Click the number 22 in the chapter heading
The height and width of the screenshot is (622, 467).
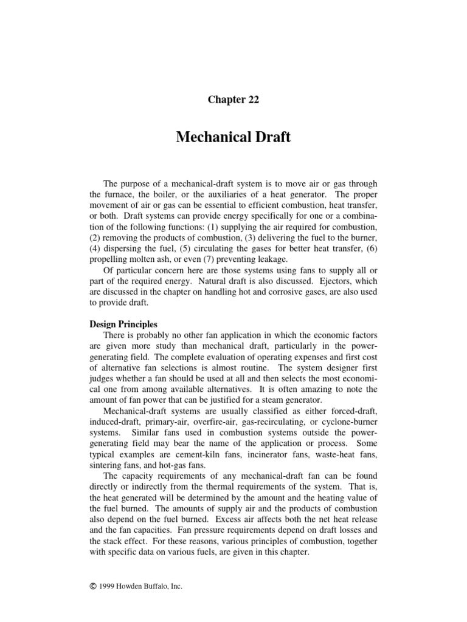pos(252,100)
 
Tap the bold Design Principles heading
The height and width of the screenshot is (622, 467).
pos(123,324)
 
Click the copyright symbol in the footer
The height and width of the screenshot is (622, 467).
pos(92,587)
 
